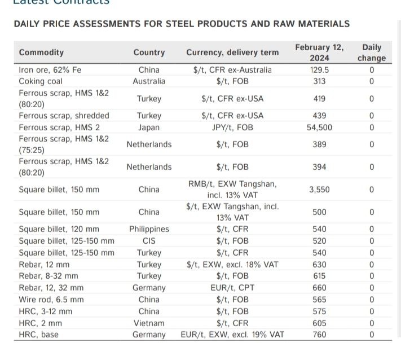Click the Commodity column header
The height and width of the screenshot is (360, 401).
point(41,52)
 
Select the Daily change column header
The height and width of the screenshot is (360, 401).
point(372,52)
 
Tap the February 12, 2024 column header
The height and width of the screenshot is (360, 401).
point(319,52)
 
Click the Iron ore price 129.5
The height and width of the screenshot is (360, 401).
point(319,70)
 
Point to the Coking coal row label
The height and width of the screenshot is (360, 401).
point(41,81)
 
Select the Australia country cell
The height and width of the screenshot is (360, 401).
point(149,81)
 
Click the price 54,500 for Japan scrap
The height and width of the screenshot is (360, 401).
point(319,128)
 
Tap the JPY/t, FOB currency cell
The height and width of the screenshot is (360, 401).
point(232,128)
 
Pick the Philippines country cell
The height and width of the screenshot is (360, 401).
point(149,229)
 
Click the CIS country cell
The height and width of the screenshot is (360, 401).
point(149,241)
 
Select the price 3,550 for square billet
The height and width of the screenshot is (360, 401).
point(319,190)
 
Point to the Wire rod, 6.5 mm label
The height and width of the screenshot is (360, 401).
point(51,300)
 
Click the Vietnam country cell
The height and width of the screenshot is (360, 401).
point(149,323)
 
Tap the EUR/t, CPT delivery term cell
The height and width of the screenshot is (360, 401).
point(232,288)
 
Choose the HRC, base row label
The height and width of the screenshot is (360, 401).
point(38,335)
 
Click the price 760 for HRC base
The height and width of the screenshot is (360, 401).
point(319,335)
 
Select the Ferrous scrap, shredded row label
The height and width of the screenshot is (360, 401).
point(64,116)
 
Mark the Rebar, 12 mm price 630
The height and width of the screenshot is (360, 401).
point(319,265)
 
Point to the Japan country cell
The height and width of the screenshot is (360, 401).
point(149,128)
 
